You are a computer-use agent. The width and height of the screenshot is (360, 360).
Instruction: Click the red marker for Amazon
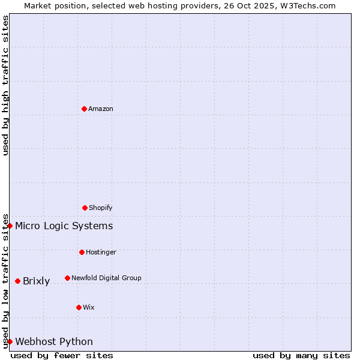point(84,109)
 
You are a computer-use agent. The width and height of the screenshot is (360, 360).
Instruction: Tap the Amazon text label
point(101,109)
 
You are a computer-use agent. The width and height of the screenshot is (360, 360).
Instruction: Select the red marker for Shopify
point(85,208)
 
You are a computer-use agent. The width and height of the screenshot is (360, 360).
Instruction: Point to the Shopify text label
point(101,208)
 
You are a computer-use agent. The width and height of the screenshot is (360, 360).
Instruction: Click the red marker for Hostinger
point(82,252)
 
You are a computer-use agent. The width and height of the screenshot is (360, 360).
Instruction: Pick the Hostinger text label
point(101,253)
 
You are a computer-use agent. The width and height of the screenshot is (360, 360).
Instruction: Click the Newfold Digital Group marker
point(67,278)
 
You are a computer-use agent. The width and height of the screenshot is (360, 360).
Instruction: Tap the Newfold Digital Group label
point(106,278)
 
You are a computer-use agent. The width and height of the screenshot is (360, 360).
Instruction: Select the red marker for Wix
point(79,307)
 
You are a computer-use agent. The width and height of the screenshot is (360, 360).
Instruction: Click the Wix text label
point(89,308)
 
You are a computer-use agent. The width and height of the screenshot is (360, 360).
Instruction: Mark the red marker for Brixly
point(17,281)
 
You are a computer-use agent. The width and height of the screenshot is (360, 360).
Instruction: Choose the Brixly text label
point(36,281)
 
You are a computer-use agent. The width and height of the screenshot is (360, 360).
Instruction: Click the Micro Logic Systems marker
point(10,226)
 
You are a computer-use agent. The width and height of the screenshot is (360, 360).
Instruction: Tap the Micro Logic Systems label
point(64,226)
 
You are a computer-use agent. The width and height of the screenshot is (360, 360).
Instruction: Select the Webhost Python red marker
point(10,341)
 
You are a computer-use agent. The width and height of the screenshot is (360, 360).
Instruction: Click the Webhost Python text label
point(54,342)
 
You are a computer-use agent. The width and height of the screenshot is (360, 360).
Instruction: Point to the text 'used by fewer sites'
point(62,355)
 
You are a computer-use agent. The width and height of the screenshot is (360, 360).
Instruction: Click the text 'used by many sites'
point(301,355)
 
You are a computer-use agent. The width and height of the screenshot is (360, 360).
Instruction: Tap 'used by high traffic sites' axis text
point(5,86)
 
